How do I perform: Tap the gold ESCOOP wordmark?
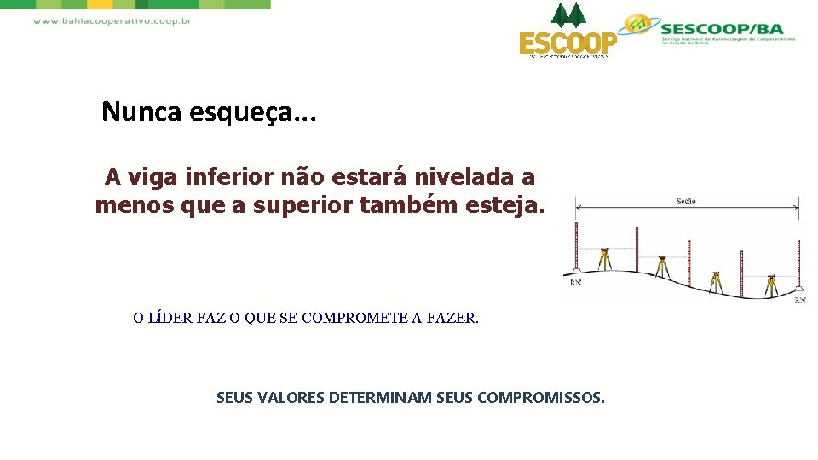click(x=568, y=43)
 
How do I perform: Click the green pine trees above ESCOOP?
click(x=568, y=14)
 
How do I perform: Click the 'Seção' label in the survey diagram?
click(x=685, y=201)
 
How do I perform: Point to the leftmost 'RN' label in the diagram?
click(x=576, y=282)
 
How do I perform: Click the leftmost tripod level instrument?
click(x=604, y=258)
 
